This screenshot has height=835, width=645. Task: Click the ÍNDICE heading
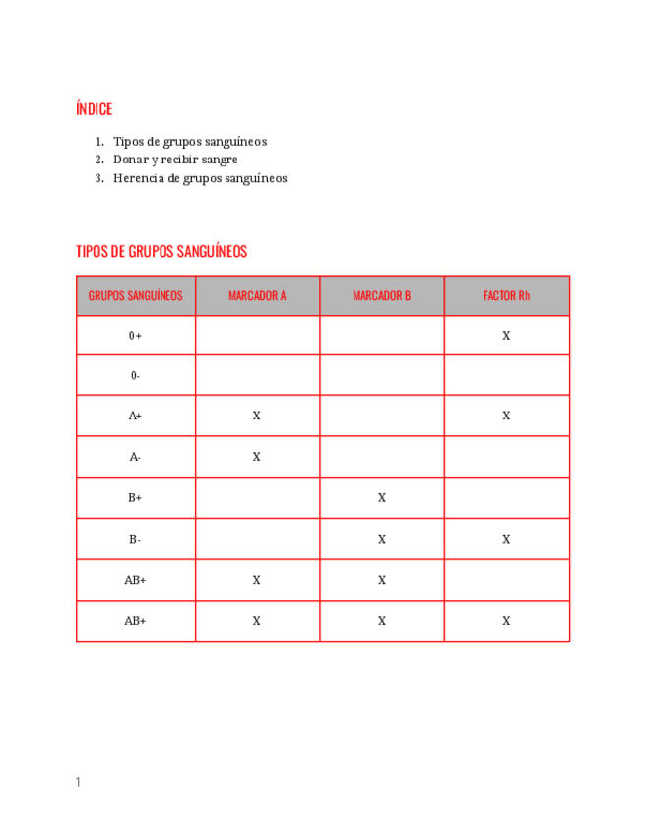(94, 109)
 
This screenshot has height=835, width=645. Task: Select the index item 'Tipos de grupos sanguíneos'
(189, 142)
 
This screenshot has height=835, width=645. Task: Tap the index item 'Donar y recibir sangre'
(175, 160)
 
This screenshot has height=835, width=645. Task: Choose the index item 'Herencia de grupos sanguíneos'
(200, 178)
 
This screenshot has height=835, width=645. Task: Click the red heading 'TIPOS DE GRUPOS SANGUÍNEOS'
(161, 252)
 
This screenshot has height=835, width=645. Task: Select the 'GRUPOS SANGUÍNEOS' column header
(136, 295)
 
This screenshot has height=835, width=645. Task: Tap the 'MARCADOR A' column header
(257, 295)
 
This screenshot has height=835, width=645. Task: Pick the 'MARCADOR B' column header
(382, 295)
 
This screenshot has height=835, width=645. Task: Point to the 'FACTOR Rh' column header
(506, 295)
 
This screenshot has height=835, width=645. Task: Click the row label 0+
(136, 336)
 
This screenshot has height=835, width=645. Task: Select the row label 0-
(136, 376)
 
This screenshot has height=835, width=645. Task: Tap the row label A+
(136, 417)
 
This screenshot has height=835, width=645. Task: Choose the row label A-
(136, 457)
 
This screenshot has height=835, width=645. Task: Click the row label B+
(136, 498)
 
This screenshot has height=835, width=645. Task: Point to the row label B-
(136, 540)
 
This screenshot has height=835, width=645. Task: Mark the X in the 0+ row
(506, 336)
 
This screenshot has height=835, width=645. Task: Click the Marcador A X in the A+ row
(257, 417)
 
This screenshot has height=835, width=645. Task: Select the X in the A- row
(257, 457)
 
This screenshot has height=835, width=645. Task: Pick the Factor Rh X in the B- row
(506, 540)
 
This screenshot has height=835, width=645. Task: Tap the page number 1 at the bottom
(78, 782)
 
